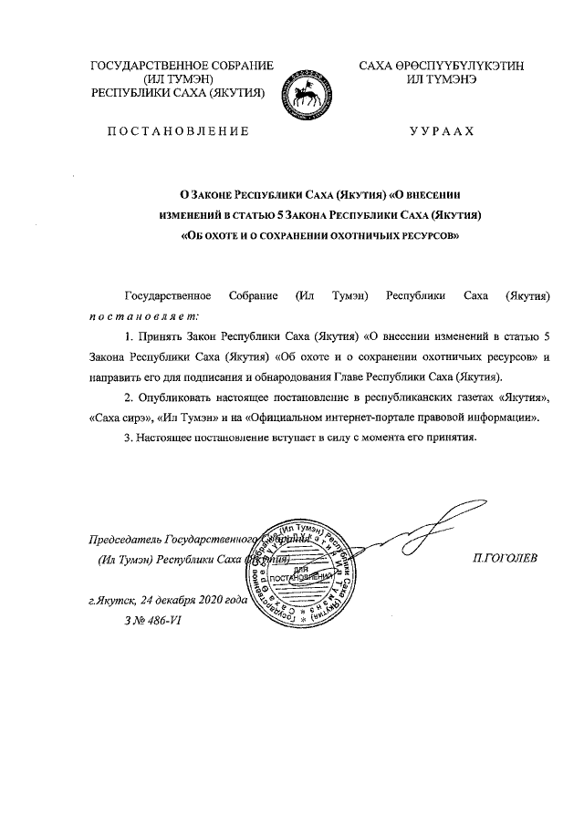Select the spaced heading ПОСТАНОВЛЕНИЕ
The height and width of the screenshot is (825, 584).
click(178, 132)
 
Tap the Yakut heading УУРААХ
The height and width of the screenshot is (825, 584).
click(443, 132)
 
